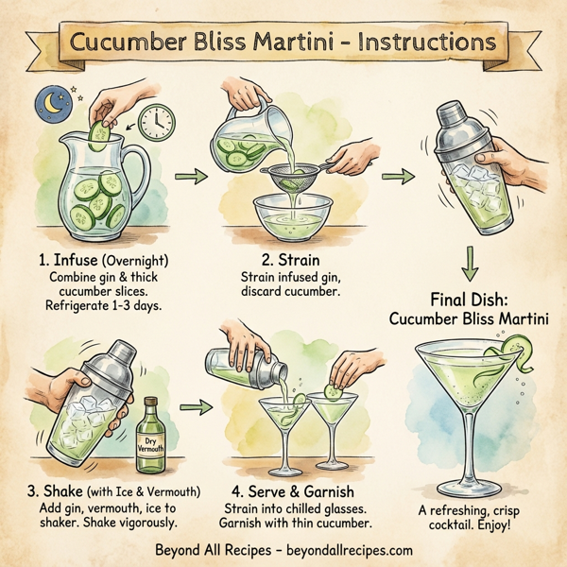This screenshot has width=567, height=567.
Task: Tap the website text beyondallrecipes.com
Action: click(342, 549)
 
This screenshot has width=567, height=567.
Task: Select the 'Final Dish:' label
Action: click(470, 299)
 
